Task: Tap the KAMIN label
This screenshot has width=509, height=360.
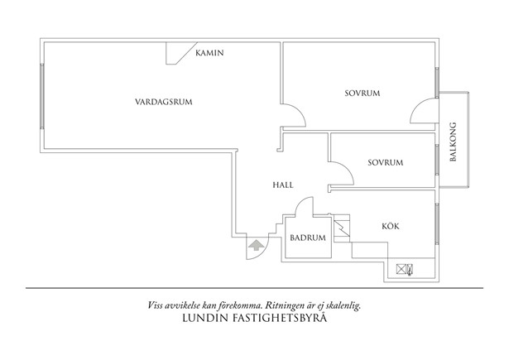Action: click(210, 53)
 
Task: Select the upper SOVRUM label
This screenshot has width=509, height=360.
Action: click(362, 94)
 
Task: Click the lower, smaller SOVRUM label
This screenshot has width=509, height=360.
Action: click(385, 162)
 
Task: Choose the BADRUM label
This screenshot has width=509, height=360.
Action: click(308, 238)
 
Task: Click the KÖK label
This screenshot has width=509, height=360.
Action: click(391, 225)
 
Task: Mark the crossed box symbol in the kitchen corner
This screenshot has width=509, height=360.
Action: click(405, 268)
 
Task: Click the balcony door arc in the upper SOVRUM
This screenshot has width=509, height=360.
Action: click(422, 109)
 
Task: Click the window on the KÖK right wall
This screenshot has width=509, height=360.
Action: click(435, 224)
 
